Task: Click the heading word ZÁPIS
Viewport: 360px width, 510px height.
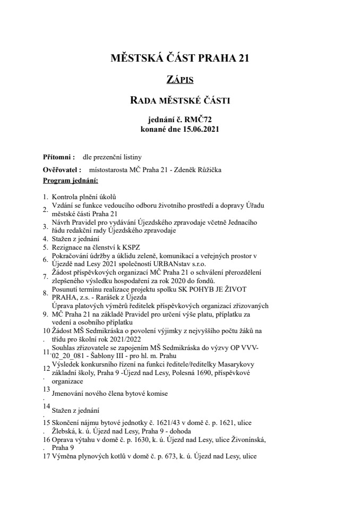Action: [179, 80]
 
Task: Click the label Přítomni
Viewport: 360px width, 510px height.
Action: [58, 157]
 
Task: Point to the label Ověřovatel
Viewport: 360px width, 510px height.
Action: [62, 170]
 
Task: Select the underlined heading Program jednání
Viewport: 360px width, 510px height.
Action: [67, 181]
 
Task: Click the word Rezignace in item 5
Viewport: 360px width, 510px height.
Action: [67, 247]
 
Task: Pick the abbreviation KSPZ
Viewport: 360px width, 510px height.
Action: [136, 247]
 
